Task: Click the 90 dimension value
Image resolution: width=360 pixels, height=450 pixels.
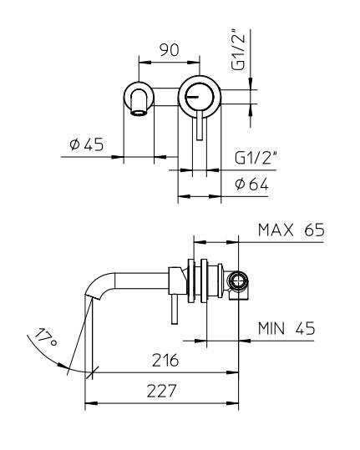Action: point(169,50)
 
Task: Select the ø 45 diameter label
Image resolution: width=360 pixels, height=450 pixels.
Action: point(87,144)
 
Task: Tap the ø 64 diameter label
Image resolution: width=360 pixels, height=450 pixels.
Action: point(251,184)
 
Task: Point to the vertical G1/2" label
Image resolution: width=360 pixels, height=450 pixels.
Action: point(239,49)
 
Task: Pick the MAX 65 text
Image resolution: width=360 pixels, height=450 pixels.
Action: point(292,230)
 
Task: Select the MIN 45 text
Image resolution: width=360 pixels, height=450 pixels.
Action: point(286,328)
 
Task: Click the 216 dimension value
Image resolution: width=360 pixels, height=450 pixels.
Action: point(165,360)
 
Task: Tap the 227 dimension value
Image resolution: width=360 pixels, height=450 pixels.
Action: point(161,391)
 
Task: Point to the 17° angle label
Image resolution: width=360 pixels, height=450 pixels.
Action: point(45,336)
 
